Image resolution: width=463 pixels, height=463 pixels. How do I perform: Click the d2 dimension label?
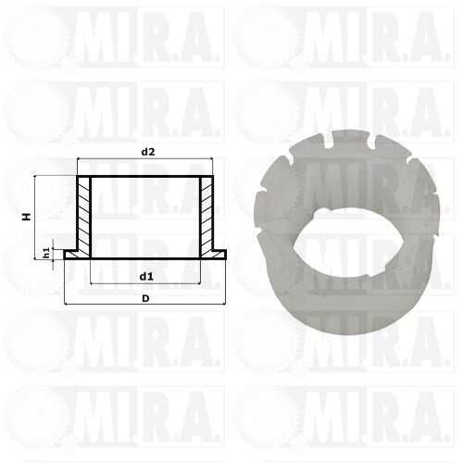click(x=148, y=152)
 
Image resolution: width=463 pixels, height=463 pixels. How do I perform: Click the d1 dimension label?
click(x=146, y=277)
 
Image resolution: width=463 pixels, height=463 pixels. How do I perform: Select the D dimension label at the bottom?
click(x=145, y=298)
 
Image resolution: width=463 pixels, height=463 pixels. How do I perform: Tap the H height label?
click(x=27, y=217)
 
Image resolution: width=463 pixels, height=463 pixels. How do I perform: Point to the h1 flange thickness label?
click(x=46, y=253)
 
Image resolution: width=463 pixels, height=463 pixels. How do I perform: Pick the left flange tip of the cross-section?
click(x=65, y=255)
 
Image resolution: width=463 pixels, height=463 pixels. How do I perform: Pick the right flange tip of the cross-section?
click(x=226, y=255)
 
